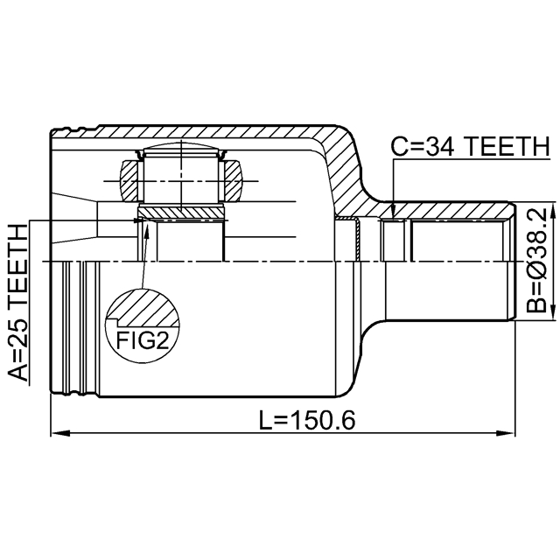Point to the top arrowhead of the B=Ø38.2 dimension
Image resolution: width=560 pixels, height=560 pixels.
click(528, 209)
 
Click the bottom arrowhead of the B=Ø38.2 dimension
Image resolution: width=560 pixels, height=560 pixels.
click(528, 316)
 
